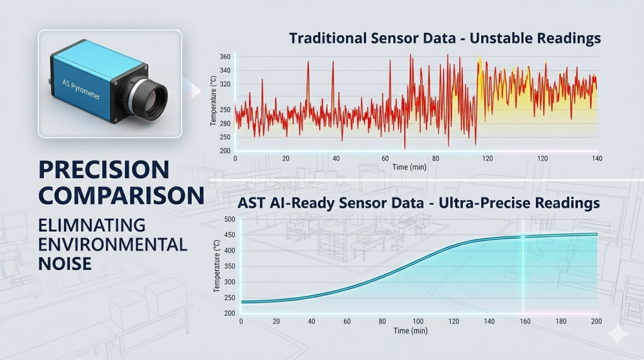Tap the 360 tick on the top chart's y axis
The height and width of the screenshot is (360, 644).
(x=225, y=57)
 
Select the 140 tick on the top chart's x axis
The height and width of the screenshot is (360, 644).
(x=596, y=159)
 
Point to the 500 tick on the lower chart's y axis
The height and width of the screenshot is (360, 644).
(x=229, y=220)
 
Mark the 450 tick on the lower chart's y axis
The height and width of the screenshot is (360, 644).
(x=229, y=235)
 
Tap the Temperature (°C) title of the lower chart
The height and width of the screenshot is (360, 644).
(x=217, y=265)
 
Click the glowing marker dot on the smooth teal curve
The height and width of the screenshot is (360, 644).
(x=523, y=237)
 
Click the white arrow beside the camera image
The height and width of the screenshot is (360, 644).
(x=196, y=92)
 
